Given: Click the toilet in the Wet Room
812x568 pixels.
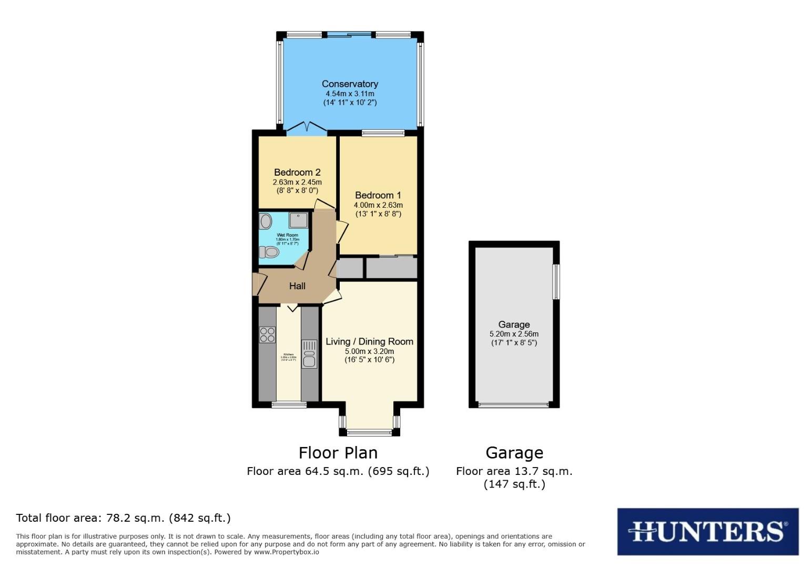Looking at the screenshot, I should [269, 252].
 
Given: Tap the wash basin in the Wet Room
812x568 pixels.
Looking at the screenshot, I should [266, 221].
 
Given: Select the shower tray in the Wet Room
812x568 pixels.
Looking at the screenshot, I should [298, 220].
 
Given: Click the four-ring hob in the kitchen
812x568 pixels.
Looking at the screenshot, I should [267, 335].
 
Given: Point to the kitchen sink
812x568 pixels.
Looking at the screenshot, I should [309, 353].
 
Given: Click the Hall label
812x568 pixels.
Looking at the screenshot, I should [297, 286].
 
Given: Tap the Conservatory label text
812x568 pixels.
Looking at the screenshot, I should [350, 84].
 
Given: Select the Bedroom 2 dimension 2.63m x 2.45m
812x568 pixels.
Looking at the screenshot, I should [297, 182].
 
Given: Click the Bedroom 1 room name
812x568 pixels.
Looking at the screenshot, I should [378, 195].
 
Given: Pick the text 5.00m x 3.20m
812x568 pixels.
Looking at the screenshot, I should [369, 351].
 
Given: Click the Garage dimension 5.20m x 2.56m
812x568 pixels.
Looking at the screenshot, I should [514, 334].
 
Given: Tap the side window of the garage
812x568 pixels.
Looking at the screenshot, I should [555, 282].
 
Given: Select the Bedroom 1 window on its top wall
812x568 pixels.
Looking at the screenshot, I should [383, 133].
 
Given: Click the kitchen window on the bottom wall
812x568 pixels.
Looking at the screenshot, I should [289, 404].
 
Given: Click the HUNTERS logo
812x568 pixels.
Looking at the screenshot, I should [707, 531].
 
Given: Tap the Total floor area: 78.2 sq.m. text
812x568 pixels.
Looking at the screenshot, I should [123, 518].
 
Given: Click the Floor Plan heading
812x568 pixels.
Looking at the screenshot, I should [338, 453].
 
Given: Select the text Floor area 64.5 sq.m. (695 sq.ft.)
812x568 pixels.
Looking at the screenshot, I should [338, 471].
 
